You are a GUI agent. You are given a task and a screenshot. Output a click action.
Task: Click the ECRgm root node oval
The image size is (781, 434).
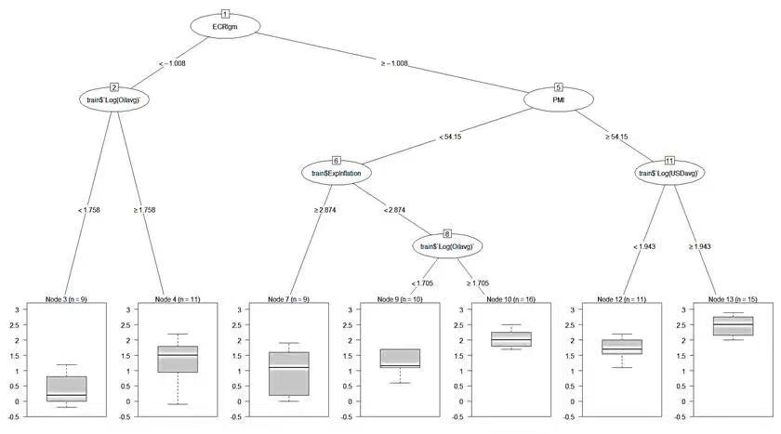[225, 27]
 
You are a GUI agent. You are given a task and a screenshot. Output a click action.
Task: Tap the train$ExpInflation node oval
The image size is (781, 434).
[336, 173]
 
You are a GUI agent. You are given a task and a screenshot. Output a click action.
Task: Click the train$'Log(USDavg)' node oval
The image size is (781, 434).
[668, 173]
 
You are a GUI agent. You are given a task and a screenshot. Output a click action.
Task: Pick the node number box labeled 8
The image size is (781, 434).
[447, 233]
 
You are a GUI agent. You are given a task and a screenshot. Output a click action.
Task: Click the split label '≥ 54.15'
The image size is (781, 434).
[617, 137]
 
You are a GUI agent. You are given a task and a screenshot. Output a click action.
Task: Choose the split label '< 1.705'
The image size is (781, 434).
[424, 283]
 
